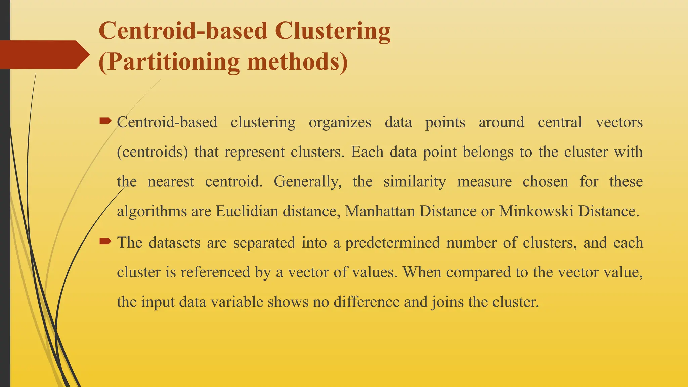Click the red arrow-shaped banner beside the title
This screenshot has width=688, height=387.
point(44,54)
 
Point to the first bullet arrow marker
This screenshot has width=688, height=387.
point(105,121)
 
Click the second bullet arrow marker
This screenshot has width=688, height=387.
point(105,241)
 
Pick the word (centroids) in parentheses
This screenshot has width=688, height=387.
point(152,152)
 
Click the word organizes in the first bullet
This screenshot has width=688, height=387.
point(340,122)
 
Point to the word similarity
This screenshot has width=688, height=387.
point(415,182)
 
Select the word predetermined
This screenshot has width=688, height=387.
point(392,243)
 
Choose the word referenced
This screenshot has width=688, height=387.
point(215,272)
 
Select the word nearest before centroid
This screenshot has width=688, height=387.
point(171,182)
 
